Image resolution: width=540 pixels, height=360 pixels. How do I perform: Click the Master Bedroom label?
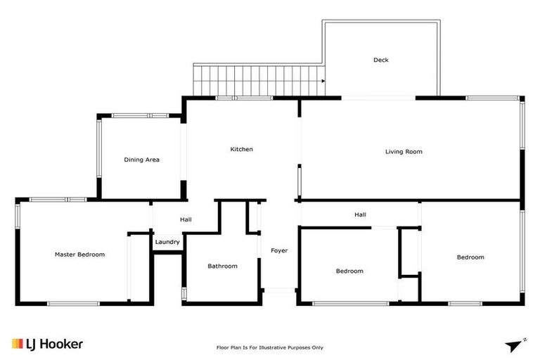(79, 255)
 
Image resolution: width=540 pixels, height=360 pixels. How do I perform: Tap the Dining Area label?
(141, 160)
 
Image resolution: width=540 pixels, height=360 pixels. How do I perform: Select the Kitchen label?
(241, 149)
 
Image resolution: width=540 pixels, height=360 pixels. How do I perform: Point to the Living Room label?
(404, 151)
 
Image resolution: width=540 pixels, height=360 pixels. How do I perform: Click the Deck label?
(380, 60)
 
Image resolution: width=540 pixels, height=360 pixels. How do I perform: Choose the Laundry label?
(167, 242)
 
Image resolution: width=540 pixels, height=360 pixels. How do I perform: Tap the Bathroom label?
(222, 266)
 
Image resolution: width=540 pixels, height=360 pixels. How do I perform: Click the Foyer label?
(279, 250)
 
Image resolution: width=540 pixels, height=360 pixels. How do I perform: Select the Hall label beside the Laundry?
(186, 220)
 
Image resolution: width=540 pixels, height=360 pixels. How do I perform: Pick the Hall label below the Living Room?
(360, 214)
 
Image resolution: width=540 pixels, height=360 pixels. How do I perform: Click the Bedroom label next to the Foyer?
(349, 271)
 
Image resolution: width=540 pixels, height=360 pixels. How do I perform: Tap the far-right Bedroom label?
(470, 257)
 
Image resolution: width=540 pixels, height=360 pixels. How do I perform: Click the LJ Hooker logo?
(48, 344)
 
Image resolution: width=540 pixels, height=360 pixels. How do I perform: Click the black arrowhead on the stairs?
(322, 81)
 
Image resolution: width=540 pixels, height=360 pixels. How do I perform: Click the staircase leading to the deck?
(257, 80)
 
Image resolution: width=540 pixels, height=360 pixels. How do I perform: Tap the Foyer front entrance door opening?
(279, 290)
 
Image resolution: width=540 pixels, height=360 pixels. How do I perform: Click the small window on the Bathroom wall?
(184, 293)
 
